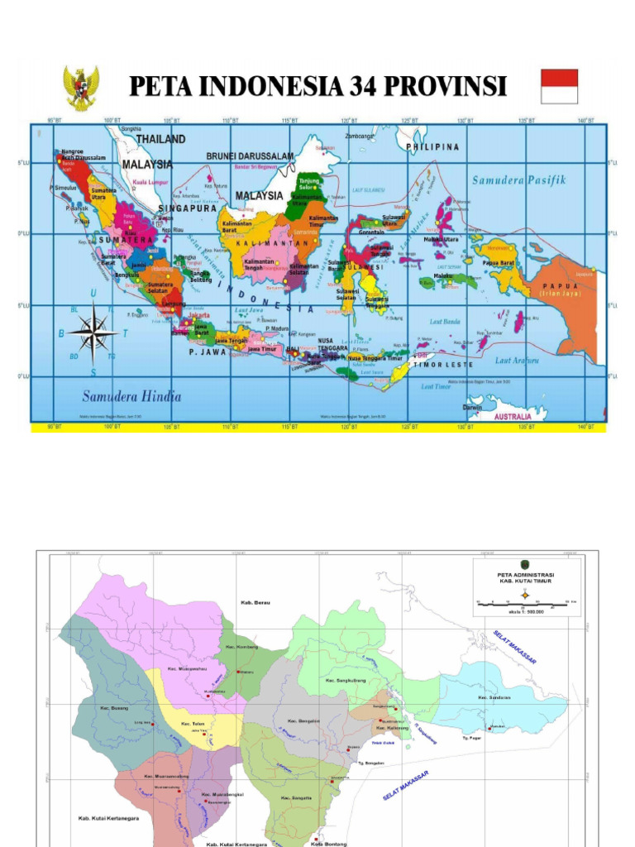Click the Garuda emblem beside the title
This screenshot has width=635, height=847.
(81, 88)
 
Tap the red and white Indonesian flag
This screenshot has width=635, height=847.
(559, 86)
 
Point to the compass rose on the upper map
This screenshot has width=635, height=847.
(93, 333)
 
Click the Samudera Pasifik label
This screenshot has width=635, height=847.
(518, 180)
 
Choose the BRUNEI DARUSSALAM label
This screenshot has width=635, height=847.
(250, 156)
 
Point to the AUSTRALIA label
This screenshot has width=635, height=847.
(513, 417)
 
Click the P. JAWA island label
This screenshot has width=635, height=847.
(208, 352)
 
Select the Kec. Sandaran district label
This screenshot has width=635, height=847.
(494, 697)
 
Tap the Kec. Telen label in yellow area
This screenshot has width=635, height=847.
(192, 723)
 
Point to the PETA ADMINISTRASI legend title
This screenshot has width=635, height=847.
(525, 575)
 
